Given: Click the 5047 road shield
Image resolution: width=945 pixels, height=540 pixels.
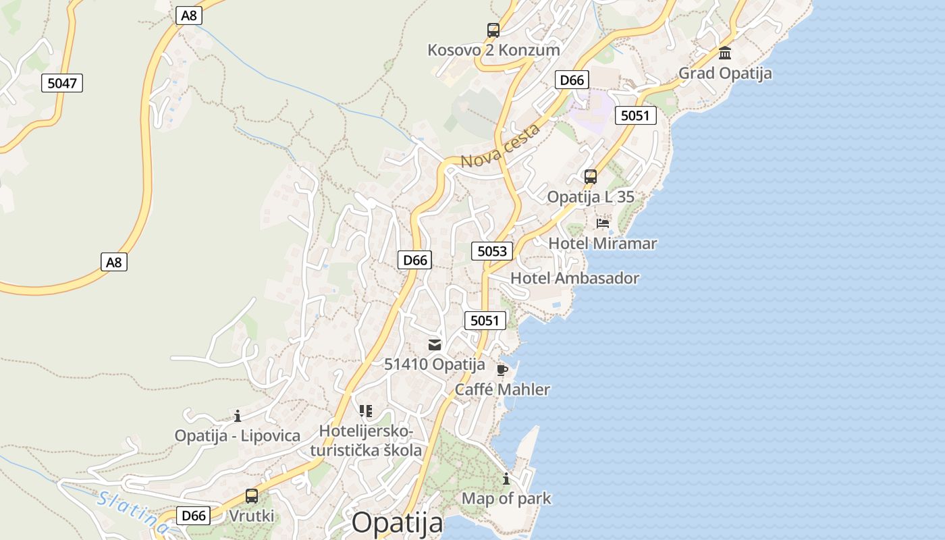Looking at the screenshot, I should pos(62,83).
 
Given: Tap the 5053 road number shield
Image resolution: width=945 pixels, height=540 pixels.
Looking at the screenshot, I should pos(491,251).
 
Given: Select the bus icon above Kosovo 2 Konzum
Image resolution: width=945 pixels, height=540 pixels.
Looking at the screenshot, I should pos(493,30).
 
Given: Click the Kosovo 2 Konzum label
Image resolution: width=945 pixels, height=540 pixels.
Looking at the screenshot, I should pos(493,50).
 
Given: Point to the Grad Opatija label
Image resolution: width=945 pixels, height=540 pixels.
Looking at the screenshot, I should pos(725,73).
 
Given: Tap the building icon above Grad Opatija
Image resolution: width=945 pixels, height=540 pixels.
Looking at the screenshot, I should pos(725,53).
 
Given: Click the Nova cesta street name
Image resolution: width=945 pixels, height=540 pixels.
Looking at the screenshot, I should pos(500,146).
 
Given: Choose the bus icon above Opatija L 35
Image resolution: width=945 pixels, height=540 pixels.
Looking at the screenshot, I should pos(591,177).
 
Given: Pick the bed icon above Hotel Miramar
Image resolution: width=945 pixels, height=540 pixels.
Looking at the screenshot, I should pos(603,223).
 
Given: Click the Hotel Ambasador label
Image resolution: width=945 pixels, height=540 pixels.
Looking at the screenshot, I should pos(574,278).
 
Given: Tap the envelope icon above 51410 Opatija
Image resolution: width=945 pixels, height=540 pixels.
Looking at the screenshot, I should pos(434,345).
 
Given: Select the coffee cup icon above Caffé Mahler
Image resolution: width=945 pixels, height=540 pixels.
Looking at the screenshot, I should pos(502,370).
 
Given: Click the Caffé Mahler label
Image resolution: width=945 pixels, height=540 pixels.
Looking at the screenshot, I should pos(502,389).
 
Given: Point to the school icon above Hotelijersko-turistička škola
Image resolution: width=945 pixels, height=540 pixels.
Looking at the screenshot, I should pos(366,410).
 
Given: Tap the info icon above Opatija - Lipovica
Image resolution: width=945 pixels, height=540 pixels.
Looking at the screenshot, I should pos(238,416).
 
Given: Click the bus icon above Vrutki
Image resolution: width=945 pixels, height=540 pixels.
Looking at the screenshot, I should pos(252,496).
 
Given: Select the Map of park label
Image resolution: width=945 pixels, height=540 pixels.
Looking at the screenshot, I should pos(506,499).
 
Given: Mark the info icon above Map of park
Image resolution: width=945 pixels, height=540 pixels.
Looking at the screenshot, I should pos(506,479).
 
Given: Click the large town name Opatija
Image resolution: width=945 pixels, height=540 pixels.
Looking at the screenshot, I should pos(398,522).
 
